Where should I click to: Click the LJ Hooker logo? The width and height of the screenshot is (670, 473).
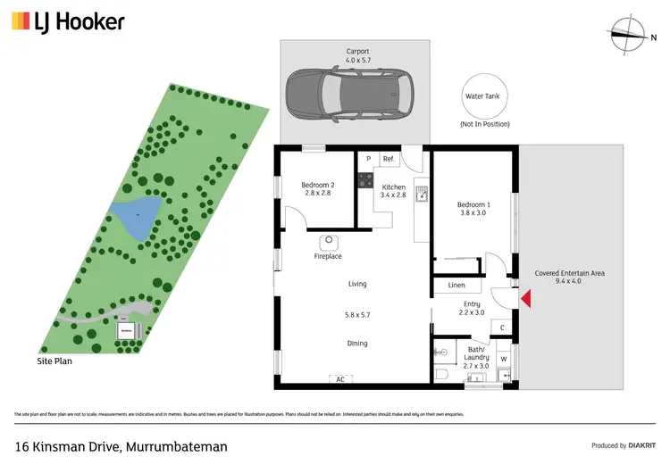click(67, 21)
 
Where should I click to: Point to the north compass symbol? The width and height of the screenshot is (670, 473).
click(632, 33)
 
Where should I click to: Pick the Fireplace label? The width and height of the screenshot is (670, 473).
click(328, 256)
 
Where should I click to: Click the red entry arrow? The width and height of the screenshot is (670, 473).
click(526, 299)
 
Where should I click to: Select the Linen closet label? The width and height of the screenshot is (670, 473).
click(456, 286)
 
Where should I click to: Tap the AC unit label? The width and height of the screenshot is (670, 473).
click(339, 379)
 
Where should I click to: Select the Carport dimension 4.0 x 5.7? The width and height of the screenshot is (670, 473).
click(357, 61)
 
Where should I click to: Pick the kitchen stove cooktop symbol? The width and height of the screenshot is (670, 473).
click(364, 180)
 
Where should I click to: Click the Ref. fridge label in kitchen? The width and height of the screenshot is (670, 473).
click(388, 159)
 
